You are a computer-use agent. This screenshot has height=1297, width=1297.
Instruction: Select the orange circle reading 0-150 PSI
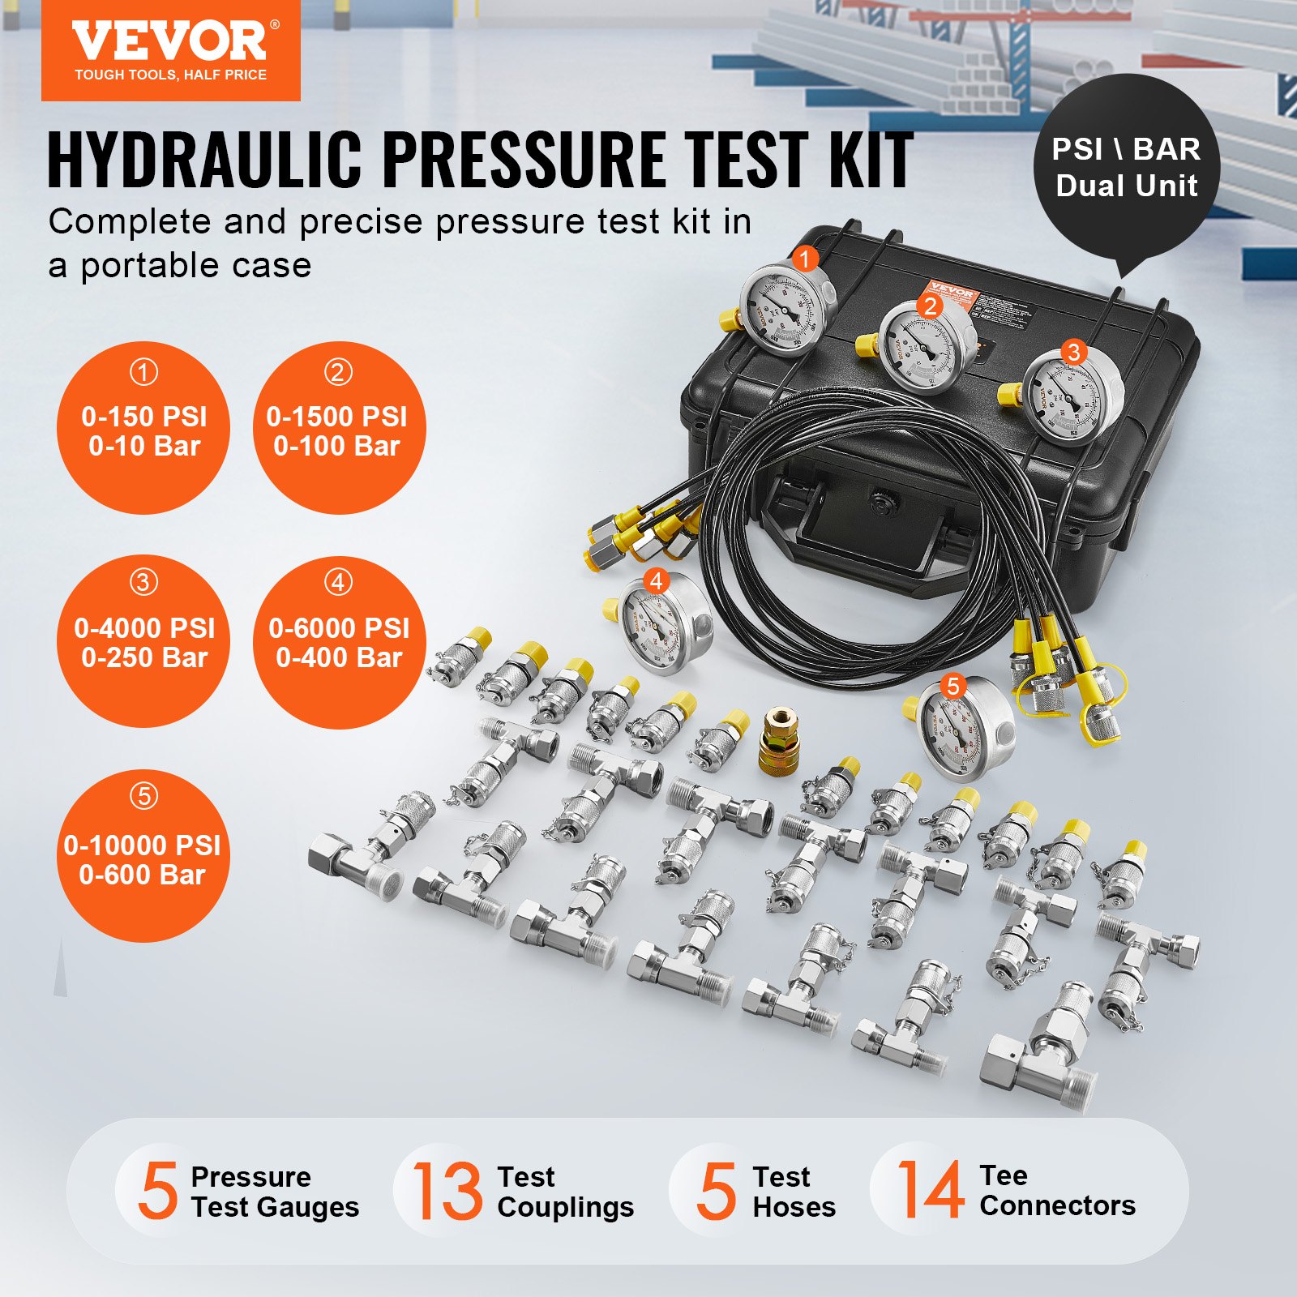(143, 428)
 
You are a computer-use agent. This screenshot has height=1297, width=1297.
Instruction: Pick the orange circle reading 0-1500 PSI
(338, 428)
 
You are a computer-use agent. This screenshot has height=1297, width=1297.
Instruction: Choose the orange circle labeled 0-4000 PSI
(143, 641)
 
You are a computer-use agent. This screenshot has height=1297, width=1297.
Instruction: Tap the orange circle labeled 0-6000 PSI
(338, 641)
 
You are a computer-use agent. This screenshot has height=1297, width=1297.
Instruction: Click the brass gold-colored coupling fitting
(778, 740)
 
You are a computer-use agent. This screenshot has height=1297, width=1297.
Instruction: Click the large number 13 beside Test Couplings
(447, 1190)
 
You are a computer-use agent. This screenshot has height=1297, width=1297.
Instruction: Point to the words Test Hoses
(793, 1192)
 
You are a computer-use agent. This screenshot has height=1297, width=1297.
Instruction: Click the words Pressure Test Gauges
(274, 1192)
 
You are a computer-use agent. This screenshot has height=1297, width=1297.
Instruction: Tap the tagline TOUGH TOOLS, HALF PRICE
(170, 75)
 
